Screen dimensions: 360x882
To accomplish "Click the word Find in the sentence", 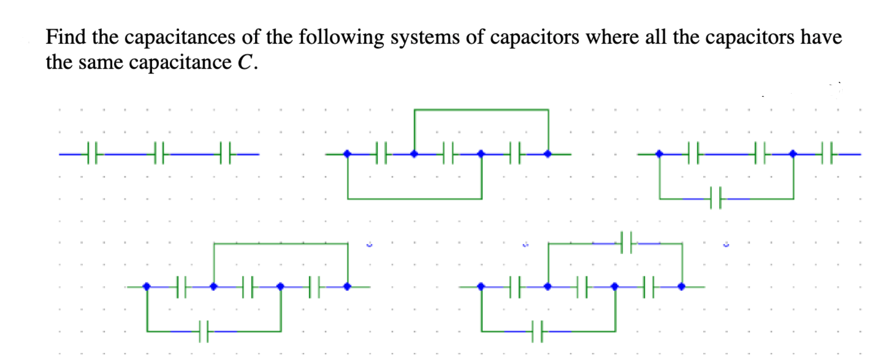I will (66, 37).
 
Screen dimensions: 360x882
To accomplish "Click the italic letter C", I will (245, 63).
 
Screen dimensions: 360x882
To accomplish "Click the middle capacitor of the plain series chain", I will (159, 154).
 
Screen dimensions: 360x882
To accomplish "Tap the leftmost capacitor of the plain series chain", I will (92, 154).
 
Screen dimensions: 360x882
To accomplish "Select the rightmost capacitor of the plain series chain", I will (225, 154).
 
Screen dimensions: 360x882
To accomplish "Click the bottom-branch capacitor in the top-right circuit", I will (716, 198).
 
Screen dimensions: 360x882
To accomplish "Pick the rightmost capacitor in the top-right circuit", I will (827, 154).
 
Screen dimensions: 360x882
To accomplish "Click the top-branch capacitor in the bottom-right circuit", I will (626, 243).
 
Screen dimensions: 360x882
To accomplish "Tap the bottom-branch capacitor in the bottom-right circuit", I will (537, 331).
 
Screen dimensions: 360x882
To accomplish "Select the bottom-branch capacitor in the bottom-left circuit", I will (204, 331).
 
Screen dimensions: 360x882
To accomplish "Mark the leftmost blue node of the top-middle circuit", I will (347, 154).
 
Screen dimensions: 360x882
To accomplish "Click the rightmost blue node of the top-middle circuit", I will (548, 154).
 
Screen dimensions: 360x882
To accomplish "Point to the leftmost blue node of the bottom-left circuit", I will (147, 286).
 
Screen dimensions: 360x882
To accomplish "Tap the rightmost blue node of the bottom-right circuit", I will (682, 286).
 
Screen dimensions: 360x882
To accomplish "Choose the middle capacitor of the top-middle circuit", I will (448, 154).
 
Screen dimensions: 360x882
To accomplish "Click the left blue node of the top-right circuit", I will (659, 154).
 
